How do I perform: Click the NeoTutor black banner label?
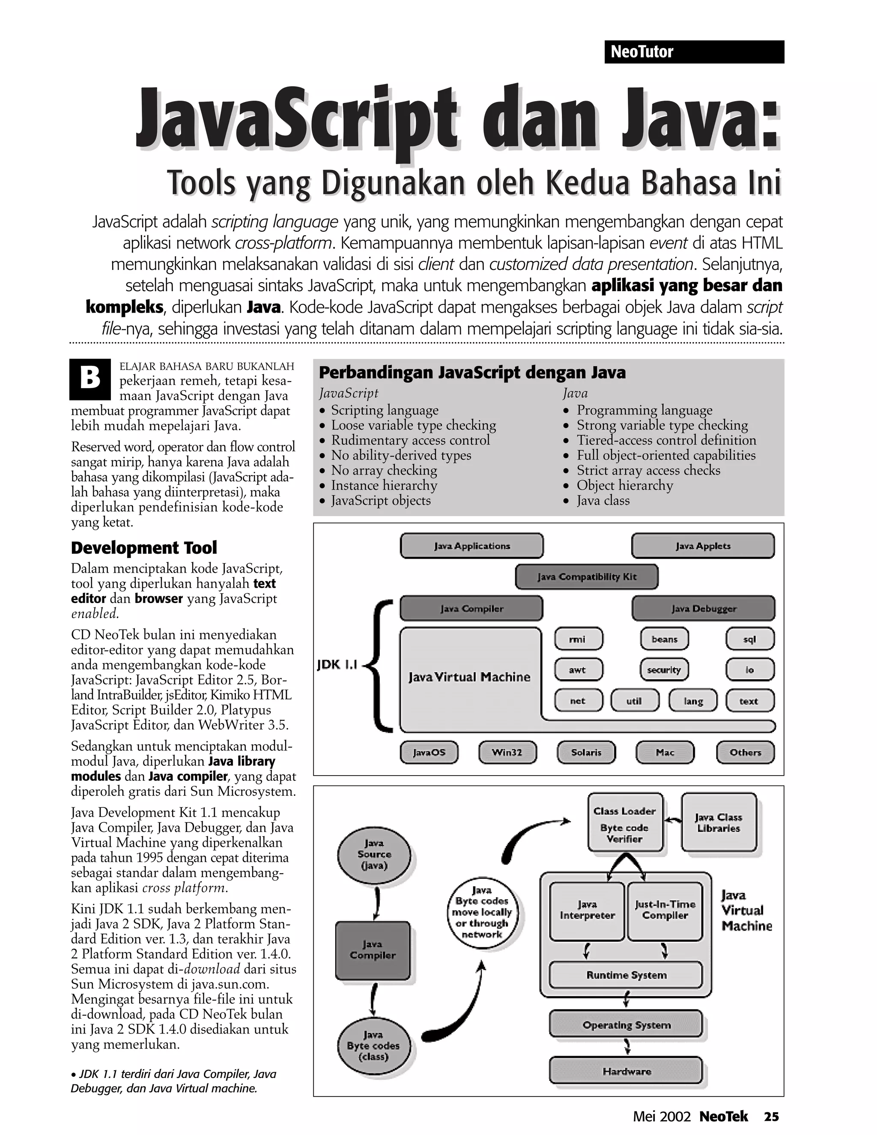tap(694, 52)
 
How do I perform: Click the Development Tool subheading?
tap(144, 548)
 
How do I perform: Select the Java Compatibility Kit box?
tap(587, 577)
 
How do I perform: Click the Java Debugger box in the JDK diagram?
tap(703, 609)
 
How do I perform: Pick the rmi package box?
tap(578, 639)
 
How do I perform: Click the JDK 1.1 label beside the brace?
tap(337, 665)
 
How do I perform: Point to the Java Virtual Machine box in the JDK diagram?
tap(470, 677)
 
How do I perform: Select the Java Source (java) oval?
tap(374, 854)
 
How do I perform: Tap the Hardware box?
tap(626, 1072)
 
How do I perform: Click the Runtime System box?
tap(626, 975)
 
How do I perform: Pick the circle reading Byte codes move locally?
tap(482, 913)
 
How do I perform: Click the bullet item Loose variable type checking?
tap(414, 425)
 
